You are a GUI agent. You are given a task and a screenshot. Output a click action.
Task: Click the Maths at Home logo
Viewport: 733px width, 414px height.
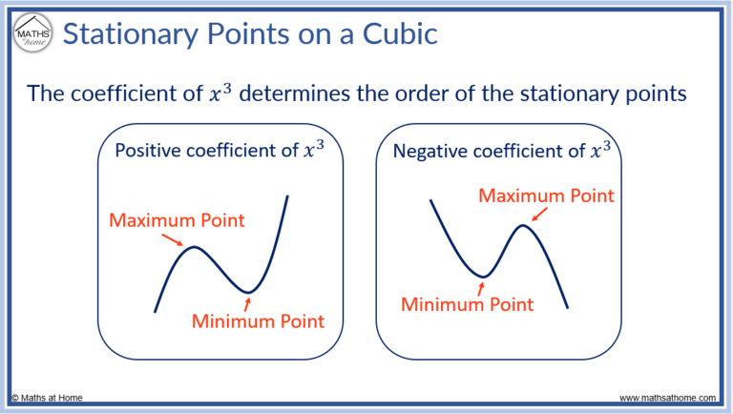tap(31, 34)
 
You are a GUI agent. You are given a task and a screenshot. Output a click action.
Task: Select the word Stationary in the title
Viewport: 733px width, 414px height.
tap(124, 35)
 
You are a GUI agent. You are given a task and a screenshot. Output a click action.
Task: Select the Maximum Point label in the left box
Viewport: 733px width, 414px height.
tap(178, 220)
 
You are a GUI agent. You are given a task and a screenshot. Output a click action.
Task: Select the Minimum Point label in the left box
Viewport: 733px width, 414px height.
tap(258, 321)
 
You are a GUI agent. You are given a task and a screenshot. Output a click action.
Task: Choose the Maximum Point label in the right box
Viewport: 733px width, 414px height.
tap(544, 196)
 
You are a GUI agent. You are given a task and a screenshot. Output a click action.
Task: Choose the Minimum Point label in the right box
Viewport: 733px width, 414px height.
tap(468, 305)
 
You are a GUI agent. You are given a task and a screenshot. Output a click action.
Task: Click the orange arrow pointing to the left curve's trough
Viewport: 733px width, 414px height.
tap(248, 303)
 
